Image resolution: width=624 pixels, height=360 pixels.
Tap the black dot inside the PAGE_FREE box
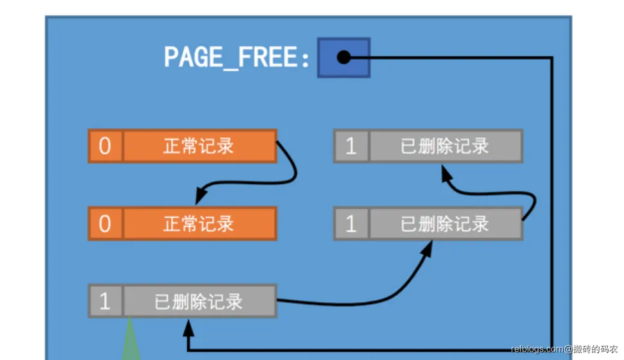pyautogui.click(x=343, y=58)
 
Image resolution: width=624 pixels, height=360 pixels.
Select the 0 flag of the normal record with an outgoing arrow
pyautogui.click(x=105, y=146)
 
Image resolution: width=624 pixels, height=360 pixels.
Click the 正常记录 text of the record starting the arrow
pyautogui.click(x=198, y=146)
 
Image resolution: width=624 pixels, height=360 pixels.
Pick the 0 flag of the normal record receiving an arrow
pyautogui.click(x=105, y=224)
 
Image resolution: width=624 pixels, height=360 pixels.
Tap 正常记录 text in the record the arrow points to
pyautogui.click(x=198, y=224)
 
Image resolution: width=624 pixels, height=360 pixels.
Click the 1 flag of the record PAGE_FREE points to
pyautogui.click(x=105, y=302)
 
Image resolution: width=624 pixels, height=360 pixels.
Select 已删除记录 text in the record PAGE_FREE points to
pyautogui.click(x=198, y=302)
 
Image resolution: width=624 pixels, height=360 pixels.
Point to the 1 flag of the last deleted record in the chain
pyautogui.click(x=351, y=146)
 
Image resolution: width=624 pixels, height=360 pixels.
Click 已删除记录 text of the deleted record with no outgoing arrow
pyautogui.click(x=445, y=146)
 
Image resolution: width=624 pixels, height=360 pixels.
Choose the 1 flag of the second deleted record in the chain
pyautogui.click(x=351, y=224)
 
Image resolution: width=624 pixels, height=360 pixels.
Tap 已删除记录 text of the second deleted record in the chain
pyautogui.click(x=445, y=224)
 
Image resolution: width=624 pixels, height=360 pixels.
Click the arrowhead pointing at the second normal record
pyautogui.click(x=201, y=193)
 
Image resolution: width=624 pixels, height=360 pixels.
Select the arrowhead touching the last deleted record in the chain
pyautogui.click(x=444, y=171)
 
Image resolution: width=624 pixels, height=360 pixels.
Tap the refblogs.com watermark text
pyautogui.click(x=537, y=350)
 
